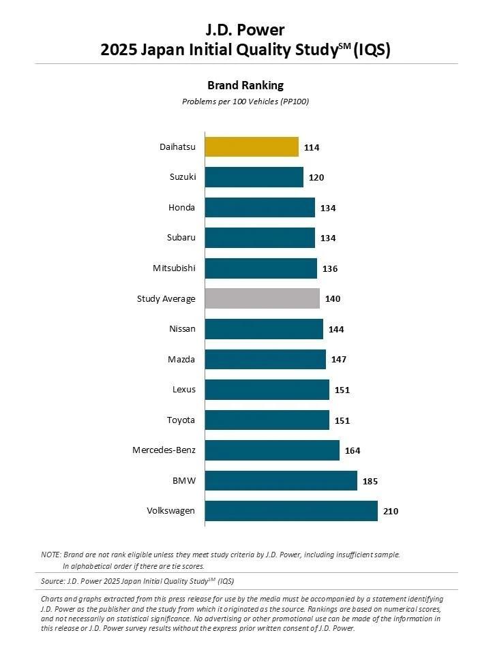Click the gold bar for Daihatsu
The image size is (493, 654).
[x=252, y=147]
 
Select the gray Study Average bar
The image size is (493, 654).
[x=262, y=298]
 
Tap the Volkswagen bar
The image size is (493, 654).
[x=291, y=511]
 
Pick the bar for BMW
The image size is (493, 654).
[x=281, y=480]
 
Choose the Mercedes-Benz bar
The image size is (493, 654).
[x=272, y=450]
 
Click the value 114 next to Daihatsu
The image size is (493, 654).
[x=313, y=148]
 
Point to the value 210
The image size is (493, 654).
[x=391, y=512]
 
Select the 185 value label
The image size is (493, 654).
[x=370, y=481]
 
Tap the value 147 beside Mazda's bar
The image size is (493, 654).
[x=339, y=360]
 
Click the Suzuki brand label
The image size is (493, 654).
[x=182, y=177]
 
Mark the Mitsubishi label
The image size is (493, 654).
[x=174, y=268]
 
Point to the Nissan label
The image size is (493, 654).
[x=182, y=329]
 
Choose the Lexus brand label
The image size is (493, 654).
[x=183, y=390]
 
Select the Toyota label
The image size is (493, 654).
[x=181, y=420]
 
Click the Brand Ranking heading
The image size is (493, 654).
[x=245, y=85]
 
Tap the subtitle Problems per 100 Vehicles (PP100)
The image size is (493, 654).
[x=245, y=102]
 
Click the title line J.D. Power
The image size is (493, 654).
[x=245, y=29]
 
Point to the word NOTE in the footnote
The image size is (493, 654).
[x=51, y=555]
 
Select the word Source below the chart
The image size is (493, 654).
[x=53, y=581]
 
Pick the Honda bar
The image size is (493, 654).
[x=260, y=208]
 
